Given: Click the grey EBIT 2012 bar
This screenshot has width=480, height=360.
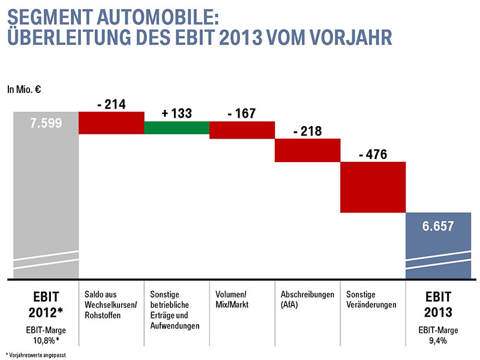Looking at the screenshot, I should [x=46, y=192].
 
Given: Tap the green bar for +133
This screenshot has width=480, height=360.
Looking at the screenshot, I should [x=177, y=128].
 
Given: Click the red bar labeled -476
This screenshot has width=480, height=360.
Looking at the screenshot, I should [x=373, y=187].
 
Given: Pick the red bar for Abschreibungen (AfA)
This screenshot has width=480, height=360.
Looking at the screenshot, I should [x=307, y=150].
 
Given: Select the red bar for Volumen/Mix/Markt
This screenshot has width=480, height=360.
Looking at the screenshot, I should [x=242, y=130].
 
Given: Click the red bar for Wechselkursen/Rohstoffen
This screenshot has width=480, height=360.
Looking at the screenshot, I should [x=112, y=122].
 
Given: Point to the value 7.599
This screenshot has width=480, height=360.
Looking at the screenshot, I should [x=46, y=124].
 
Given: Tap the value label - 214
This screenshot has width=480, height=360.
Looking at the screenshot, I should [x=112, y=104].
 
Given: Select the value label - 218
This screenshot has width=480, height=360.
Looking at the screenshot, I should [x=307, y=131].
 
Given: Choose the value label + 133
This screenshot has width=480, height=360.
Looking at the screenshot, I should [x=177, y=114].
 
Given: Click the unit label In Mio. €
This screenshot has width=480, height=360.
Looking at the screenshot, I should [x=23, y=90].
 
